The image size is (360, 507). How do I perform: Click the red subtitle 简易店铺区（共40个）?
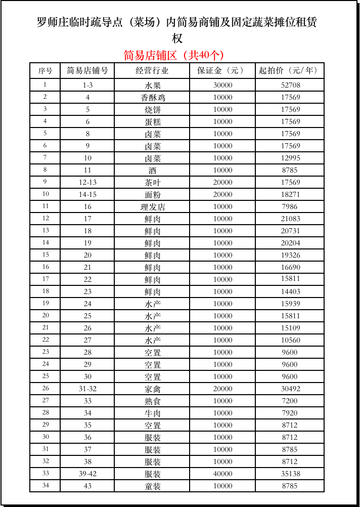click(x=173, y=55)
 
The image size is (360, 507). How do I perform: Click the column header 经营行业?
click(x=152, y=71)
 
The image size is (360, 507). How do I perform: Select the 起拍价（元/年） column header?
click(x=290, y=71)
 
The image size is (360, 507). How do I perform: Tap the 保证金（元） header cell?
click(x=222, y=71)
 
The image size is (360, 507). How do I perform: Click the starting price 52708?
click(x=290, y=86)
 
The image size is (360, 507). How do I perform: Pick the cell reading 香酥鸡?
click(x=152, y=98)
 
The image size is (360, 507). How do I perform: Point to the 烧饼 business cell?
click(x=152, y=110)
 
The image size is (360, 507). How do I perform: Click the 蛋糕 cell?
click(x=152, y=122)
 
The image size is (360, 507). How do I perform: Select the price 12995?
click(x=290, y=158)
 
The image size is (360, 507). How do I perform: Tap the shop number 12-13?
click(x=87, y=183)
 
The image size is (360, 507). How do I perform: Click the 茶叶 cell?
click(x=152, y=183)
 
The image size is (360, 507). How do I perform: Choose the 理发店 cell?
click(x=152, y=207)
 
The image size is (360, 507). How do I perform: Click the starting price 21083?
click(x=290, y=219)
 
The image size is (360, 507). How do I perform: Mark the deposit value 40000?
click(x=222, y=474)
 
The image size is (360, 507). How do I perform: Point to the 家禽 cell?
click(x=152, y=389)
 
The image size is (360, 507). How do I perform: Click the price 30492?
click(x=290, y=389)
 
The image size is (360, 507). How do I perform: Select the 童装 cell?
click(x=152, y=486)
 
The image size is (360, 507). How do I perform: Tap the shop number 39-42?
click(x=87, y=474)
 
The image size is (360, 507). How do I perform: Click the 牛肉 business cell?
click(x=152, y=413)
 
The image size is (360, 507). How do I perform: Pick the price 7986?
click(x=290, y=207)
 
